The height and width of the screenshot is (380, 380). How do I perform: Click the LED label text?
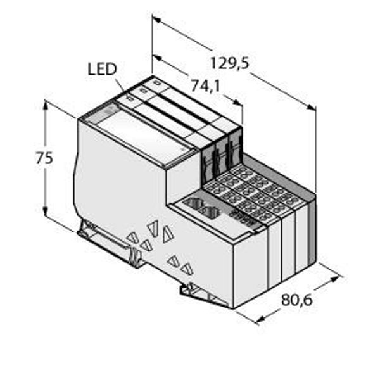coord(101,69)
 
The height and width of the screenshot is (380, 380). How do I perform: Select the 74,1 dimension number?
coord(205,85)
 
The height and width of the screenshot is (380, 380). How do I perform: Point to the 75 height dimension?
coord(44,158)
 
